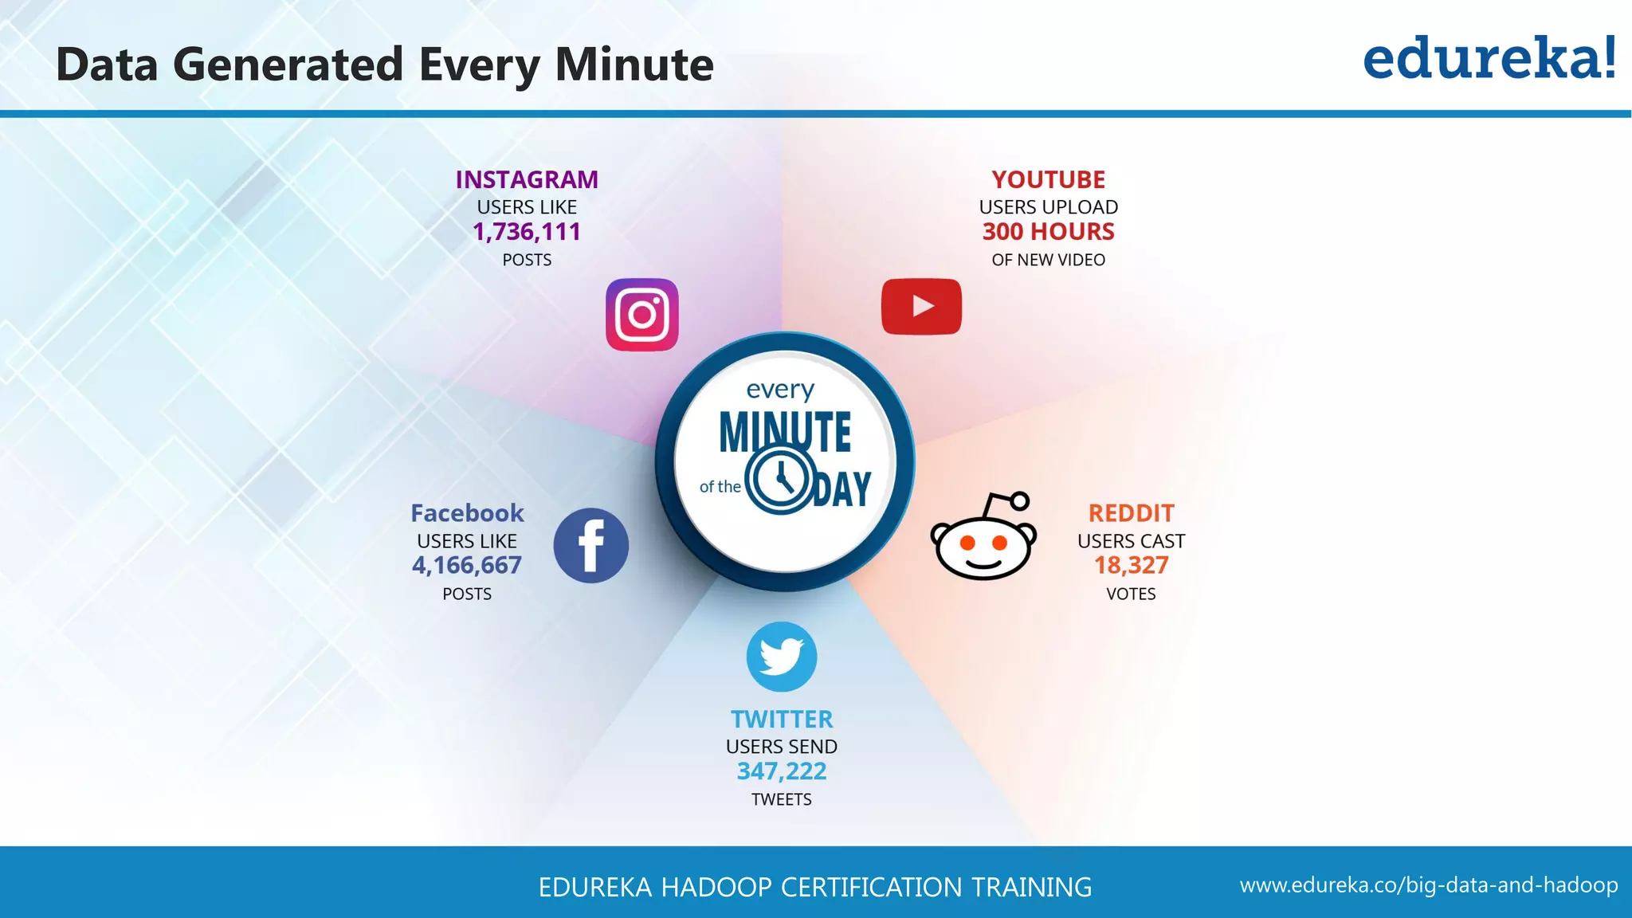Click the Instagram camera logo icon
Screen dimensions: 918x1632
pyautogui.click(x=642, y=315)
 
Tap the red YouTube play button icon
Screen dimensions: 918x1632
pyautogui.click(x=921, y=307)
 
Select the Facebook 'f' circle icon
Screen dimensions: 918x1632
pyautogui.click(x=590, y=546)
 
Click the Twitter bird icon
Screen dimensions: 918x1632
pyautogui.click(x=782, y=657)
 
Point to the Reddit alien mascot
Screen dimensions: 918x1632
pyautogui.click(x=983, y=538)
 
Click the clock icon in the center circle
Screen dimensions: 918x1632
pyautogui.click(x=781, y=481)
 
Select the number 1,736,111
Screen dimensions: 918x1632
pyautogui.click(x=527, y=232)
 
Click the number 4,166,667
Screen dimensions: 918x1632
pyautogui.click(x=467, y=566)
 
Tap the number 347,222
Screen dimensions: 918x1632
pyautogui.click(x=782, y=771)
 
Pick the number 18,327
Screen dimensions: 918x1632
pyautogui.click(x=1131, y=566)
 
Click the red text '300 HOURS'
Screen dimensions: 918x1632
pyautogui.click(x=1048, y=232)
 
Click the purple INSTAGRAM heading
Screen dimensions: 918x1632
pyautogui.click(x=527, y=180)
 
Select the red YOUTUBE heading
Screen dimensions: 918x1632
pyautogui.click(x=1048, y=180)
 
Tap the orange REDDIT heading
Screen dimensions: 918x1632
pyautogui.click(x=1131, y=513)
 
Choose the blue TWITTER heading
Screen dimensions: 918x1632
pyautogui.click(x=782, y=720)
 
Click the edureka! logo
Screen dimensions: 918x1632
pyautogui.click(x=1489, y=59)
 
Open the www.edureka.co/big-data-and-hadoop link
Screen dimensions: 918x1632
pyautogui.click(x=1429, y=885)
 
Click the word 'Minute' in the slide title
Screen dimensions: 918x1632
pyautogui.click(x=634, y=65)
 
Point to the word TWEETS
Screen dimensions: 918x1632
pyautogui.click(x=782, y=799)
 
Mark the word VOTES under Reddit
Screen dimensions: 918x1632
pyautogui.click(x=1131, y=594)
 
